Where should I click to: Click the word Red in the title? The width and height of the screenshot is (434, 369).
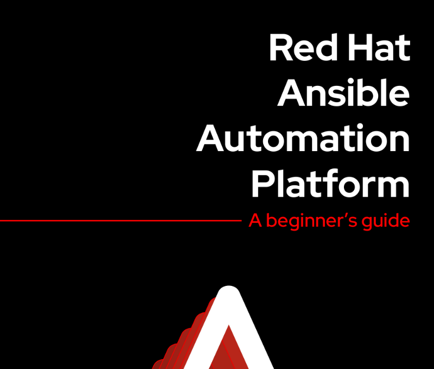[x=303, y=47]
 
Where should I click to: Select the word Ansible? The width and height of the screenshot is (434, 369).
[x=343, y=92]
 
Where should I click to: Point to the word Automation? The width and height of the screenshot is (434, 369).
[x=303, y=138]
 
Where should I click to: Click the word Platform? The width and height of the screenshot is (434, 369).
[x=330, y=183]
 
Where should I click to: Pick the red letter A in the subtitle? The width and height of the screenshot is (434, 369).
[x=255, y=221]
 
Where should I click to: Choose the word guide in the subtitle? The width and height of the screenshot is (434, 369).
[x=386, y=222]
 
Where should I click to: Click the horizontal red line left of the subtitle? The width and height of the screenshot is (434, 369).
[x=120, y=221]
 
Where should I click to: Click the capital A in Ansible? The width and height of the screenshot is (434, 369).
[x=291, y=92]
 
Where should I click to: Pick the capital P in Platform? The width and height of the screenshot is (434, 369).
[x=263, y=183]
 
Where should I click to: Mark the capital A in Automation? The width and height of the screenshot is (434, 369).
[x=210, y=138]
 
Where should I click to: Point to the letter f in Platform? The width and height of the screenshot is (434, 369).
[x=329, y=183]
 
